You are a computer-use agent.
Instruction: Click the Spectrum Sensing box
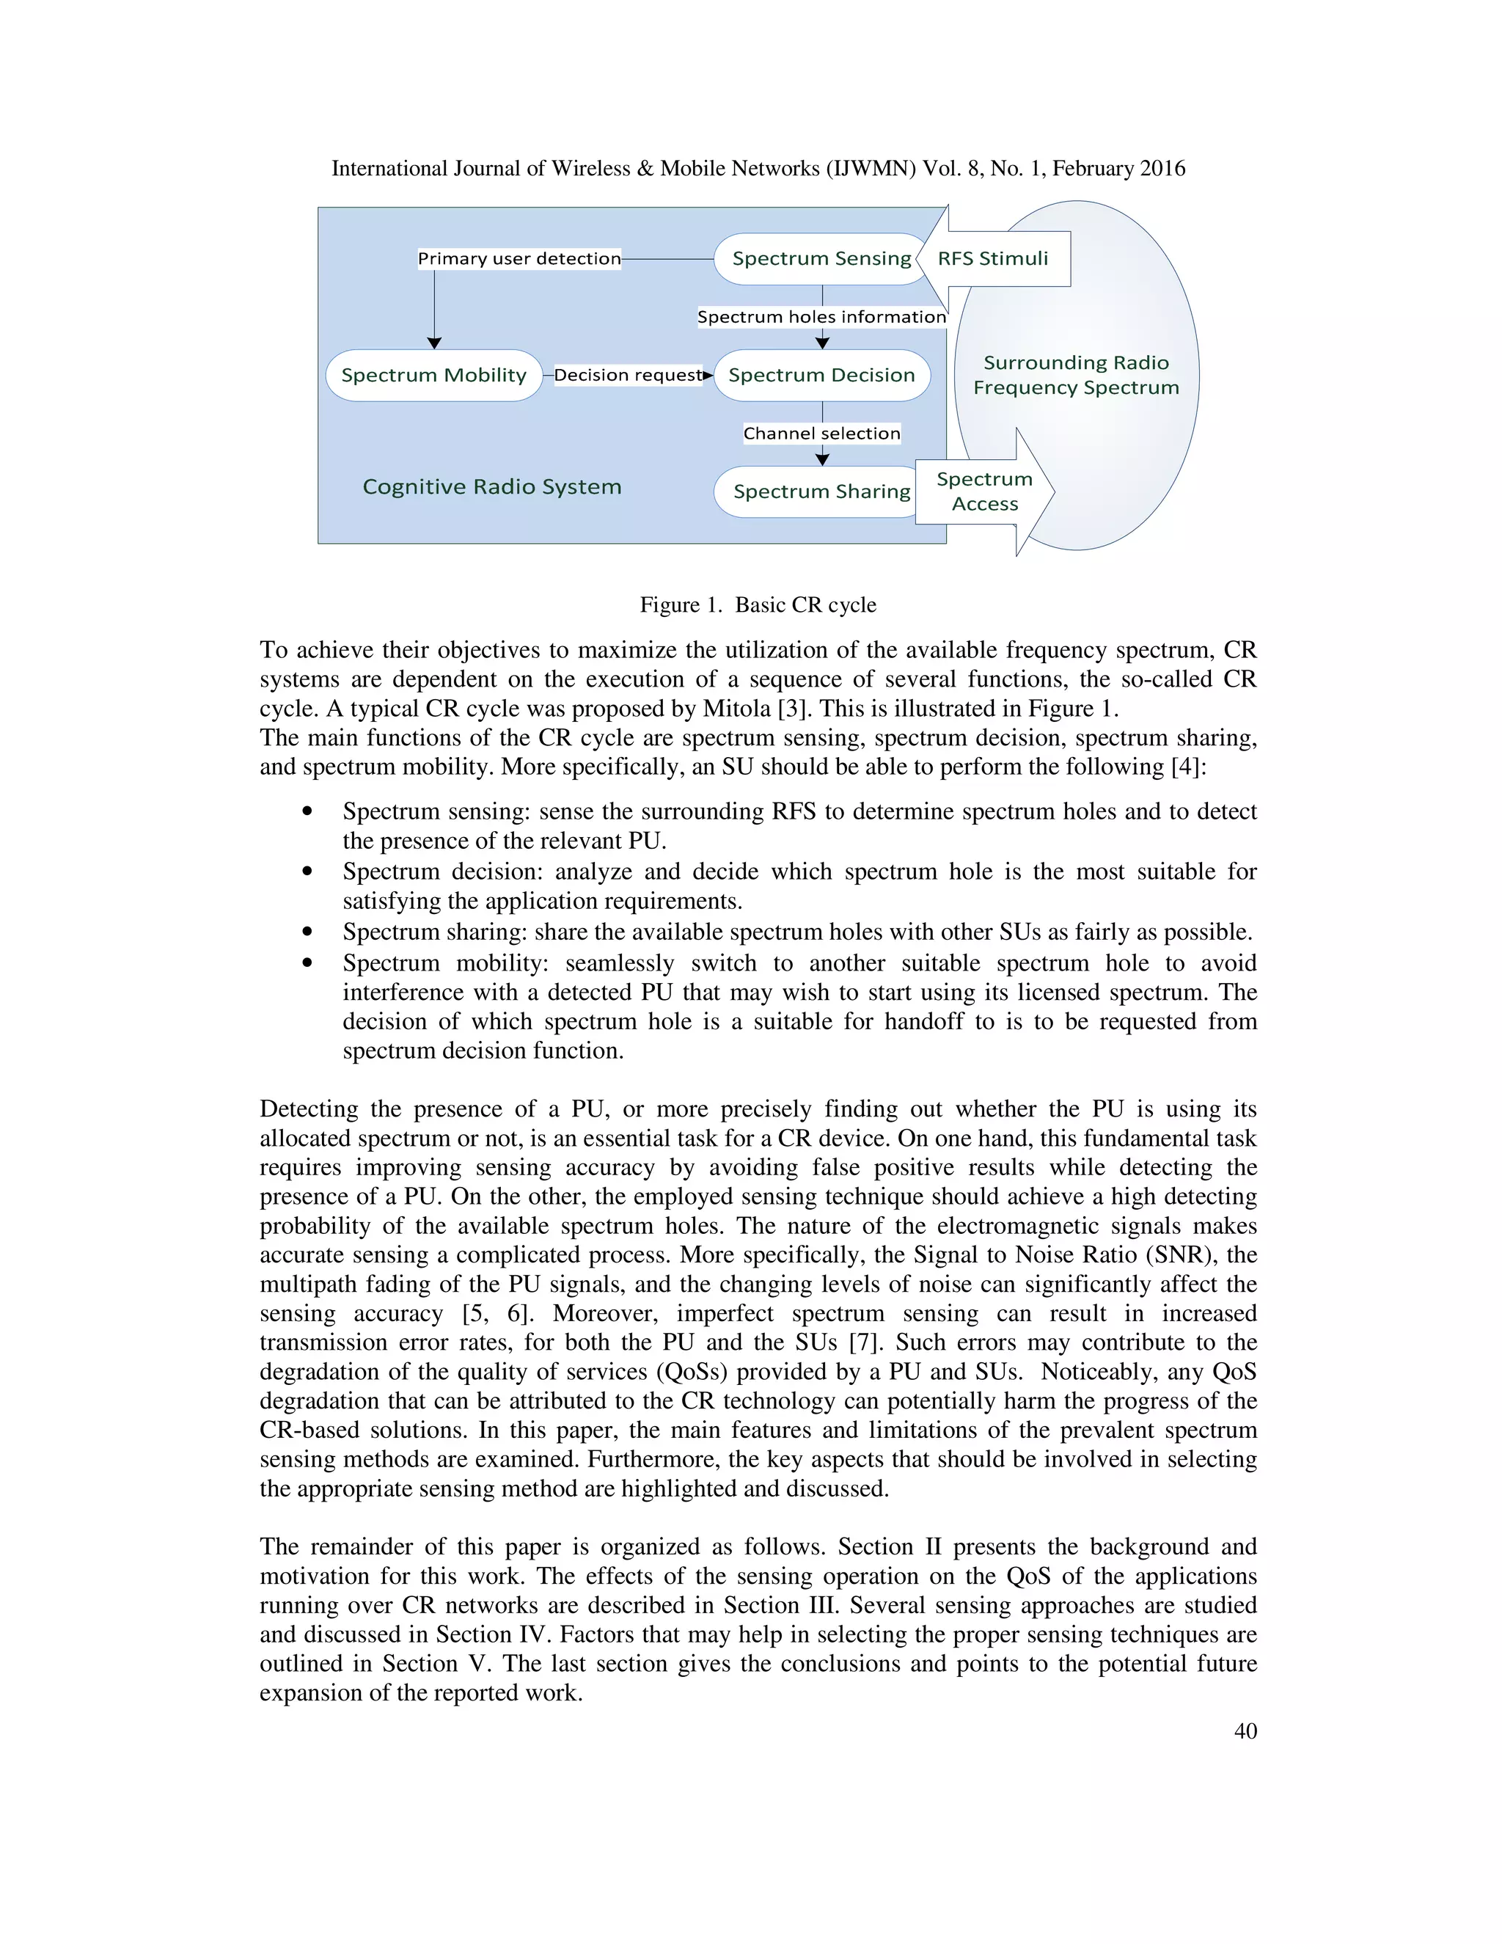click(x=821, y=259)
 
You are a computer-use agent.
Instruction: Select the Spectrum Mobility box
click(x=433, y=376)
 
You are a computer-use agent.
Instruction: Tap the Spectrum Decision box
click(x=821, y=376)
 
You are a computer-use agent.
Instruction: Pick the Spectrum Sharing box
click(x=821, y=492)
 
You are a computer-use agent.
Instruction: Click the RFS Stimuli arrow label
click(x=993, y=259)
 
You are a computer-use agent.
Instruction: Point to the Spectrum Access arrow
click(x=984, y=492)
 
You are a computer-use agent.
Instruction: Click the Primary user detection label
click(x=519, y=259)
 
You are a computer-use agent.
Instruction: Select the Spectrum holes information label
click(x=821, y=317)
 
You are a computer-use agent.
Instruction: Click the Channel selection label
click(x=821, y=434)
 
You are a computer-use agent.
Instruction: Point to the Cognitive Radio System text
click(x=491, y=487)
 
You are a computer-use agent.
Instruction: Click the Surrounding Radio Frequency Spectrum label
click(x=1075, y=376)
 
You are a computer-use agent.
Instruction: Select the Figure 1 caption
click(x=757, y=605)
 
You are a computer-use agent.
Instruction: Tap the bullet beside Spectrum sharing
click(x=307, y=932)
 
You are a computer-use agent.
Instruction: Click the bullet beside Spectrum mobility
click(x=307, y=963)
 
